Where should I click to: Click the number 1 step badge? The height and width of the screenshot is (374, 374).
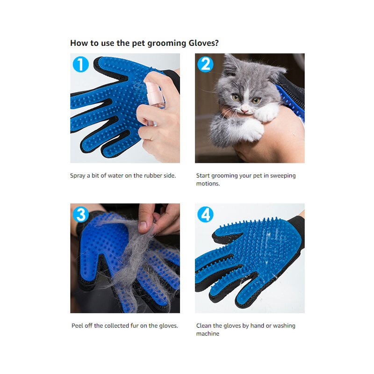click(80, 64)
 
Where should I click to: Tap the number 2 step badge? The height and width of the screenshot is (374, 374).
click(205, 64)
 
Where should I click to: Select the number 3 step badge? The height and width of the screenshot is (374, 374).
click(80, 214)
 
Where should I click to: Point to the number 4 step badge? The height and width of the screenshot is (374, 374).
click(205, 214)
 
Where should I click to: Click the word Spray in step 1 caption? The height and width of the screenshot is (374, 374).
click(78, 176)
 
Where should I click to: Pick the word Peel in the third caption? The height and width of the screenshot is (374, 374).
click(78, 326)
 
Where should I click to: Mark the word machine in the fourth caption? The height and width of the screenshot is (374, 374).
click(208, 334)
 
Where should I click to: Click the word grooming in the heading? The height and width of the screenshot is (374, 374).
click(161, 43)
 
